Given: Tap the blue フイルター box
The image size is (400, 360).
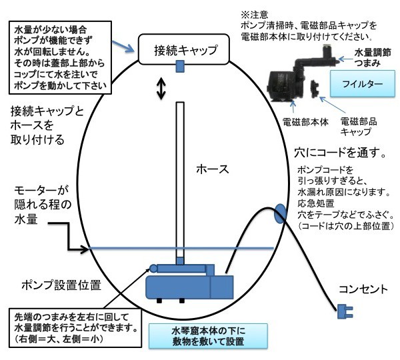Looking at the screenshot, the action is point(363,84).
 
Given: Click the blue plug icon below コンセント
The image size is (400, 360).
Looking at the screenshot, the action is point(345,311).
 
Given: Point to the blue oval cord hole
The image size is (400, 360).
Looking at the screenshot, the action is point(280,213).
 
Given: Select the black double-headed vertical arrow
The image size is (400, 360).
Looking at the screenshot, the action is point(161,89).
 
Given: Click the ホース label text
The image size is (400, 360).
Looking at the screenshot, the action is point(213,169).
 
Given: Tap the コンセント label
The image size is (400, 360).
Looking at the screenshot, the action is point(363,289).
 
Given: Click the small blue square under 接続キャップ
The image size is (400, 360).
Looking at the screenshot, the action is point(181,66).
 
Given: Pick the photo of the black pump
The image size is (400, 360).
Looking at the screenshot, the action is point(300,73).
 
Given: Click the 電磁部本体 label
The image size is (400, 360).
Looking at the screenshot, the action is point(305,123).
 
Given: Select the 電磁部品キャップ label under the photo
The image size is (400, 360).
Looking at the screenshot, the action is point(359,127).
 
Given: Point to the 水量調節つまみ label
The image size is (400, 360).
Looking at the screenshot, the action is point(373,57).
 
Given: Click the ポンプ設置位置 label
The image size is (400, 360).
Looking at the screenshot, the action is point(61,285).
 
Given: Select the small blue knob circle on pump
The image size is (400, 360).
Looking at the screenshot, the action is point(153,269).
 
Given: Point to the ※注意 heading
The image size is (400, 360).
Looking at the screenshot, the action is point(255,15).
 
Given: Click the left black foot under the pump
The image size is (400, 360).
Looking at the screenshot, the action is point(159,301).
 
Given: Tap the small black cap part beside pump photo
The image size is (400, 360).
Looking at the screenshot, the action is point(314,87).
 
